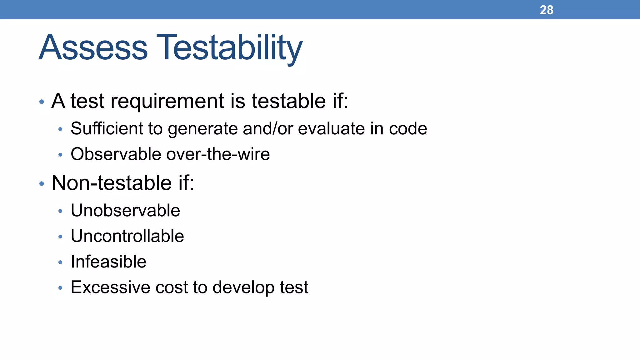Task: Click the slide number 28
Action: [x=546, y=10]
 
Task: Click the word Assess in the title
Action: [x=93, y=47]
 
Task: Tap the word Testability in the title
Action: [x=229, y=47]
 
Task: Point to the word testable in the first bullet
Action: [x=289, y=101]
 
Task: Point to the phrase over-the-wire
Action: [x=218, y=154]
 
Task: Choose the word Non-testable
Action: [x=112, y=183]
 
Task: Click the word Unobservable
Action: [x=125, y=210]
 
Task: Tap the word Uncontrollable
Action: [x=127, y=236]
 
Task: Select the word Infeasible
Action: [x=108, y=262]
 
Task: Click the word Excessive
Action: [x=110, y=287]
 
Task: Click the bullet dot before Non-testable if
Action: [x=42, y=184]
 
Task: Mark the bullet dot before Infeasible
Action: [x=60, y=262]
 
